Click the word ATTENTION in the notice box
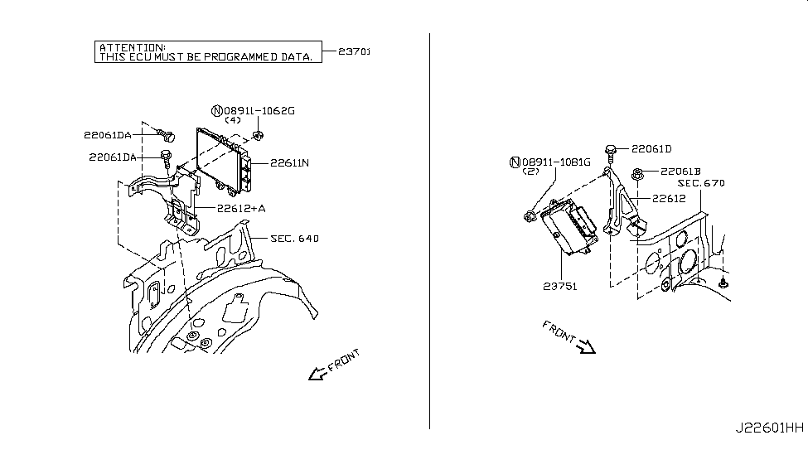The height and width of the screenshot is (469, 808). coord(132,48)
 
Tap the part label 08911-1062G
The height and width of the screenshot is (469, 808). coord(259,110)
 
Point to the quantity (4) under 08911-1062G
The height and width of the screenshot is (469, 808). coord(233,120)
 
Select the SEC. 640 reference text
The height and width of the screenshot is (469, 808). coord(294,239)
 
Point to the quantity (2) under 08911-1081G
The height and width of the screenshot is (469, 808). coord(531,172)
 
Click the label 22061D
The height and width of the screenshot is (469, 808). coord(651,149)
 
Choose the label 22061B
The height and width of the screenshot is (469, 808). coord(680,172)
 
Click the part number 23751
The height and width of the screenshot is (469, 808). coord(560,286)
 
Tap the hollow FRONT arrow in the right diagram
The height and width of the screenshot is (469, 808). coord(586,347)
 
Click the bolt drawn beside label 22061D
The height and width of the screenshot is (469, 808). coord(611,152)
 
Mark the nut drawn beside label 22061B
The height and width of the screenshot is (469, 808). coord(638,174)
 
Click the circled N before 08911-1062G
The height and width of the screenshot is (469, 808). coord(217,110)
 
